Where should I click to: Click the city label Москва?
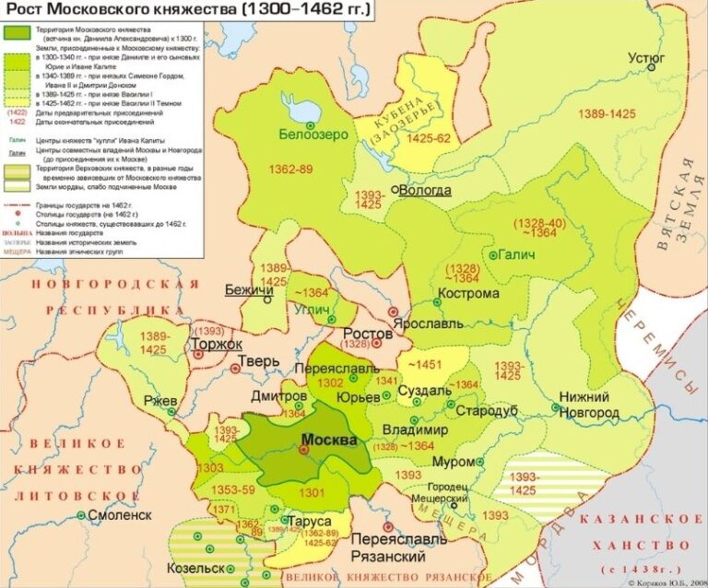(329, 440)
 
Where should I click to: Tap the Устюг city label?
(645, 57)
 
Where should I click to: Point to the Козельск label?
(197, 567)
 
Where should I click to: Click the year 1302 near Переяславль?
(330, 382)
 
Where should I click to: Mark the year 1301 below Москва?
(313, 493)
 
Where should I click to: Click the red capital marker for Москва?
(303, 452)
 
